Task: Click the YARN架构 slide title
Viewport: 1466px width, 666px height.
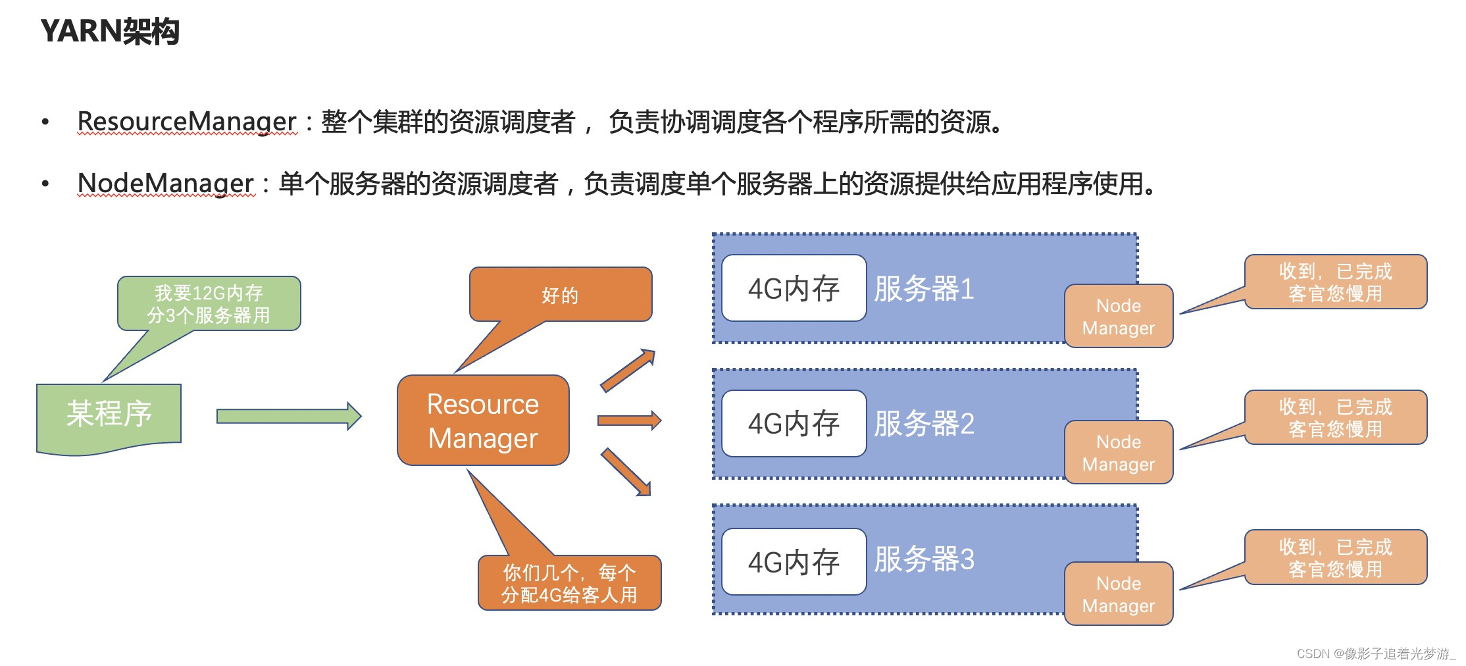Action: tap(110, 31)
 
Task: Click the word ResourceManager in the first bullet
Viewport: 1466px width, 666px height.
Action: tap(187, 122)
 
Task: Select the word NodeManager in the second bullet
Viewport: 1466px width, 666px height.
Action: tap(165, 184)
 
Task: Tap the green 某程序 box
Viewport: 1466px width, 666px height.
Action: tap(109, 415)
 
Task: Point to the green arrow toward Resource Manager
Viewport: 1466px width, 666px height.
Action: tap(288, 417)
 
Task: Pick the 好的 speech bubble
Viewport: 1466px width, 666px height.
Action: tap(560, 295)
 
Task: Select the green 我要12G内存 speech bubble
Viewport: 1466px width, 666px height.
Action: tap(209, 303)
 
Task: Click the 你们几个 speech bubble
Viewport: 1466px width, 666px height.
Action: tap(569, 583)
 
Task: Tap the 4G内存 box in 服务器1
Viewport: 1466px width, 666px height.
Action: tap(794, 288)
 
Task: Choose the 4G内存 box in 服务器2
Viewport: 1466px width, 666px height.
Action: tap(794, 423)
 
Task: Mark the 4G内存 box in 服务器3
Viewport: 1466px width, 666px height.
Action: tap(794, 562)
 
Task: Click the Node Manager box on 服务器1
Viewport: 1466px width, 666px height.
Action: tap(1119, 317)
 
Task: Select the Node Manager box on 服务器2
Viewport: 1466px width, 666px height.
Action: tap(1119, 453)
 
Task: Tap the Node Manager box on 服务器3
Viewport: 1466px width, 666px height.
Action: tap(1119, 594)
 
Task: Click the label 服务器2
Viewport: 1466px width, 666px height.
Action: tap(924, 423)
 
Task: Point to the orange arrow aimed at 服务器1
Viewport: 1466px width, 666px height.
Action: tap(628, 370)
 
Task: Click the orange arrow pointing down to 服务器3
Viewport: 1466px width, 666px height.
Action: tap(626, 472)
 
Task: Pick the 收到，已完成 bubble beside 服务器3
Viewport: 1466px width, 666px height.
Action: tap(1335, 557)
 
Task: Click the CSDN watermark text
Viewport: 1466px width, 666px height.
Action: tap(1375, 653)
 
